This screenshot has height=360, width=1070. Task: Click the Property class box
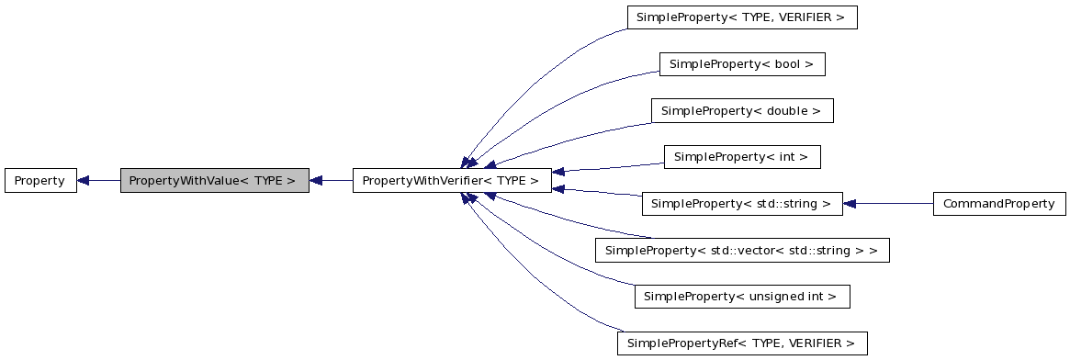39,181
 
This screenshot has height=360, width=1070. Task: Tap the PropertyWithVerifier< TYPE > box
452,181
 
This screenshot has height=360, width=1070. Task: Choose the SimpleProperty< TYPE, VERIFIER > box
741,17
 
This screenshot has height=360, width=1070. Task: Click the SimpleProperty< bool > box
742,64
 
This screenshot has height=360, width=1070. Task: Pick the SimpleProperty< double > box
742,111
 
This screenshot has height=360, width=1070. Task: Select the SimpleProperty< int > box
741,157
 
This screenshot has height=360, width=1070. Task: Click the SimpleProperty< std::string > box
742,204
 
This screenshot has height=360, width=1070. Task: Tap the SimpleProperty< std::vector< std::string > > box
742,250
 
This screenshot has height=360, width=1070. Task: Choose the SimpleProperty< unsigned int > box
742,297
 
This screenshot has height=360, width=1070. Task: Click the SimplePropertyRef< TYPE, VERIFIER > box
742,343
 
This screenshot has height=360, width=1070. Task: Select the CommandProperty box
999,204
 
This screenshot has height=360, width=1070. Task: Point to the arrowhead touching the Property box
83,181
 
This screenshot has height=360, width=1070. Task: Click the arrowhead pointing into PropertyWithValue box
316,181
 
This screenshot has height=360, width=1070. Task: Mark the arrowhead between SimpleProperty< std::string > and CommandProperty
850,204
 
